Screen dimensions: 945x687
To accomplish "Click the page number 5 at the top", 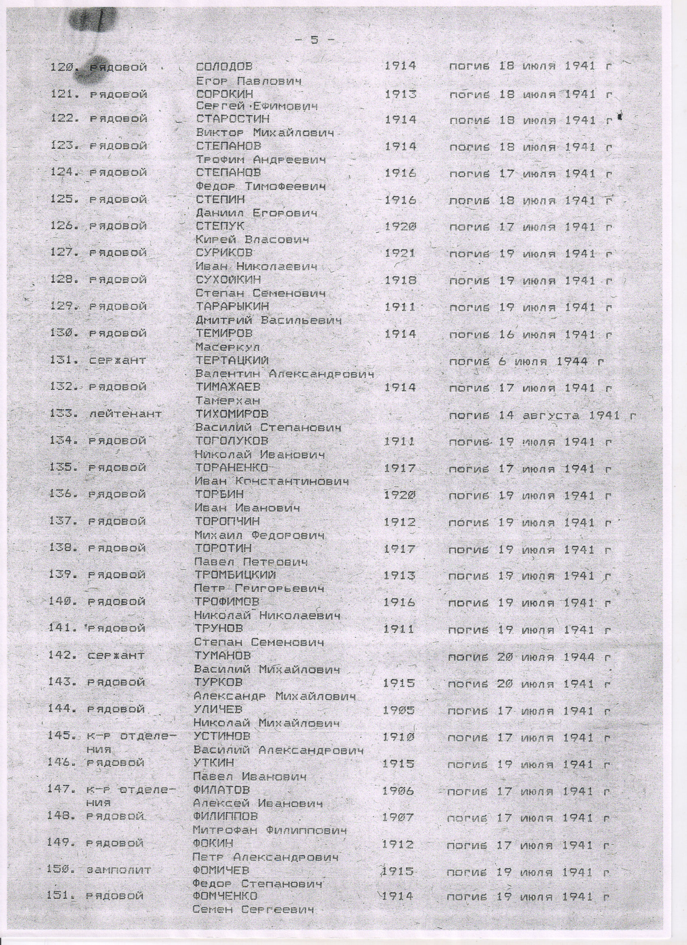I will (x=314, y=40).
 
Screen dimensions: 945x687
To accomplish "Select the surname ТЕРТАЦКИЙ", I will (x=232, y=361).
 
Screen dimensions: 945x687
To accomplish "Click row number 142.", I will (x=63, y=656).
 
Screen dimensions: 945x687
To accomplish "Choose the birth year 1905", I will (x=398, y=710).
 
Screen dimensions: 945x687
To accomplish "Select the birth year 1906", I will (x=398, y=791).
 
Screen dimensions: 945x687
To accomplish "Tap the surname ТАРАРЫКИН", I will (x=232, y=307).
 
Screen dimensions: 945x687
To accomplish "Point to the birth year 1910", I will (x=398, y=737).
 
